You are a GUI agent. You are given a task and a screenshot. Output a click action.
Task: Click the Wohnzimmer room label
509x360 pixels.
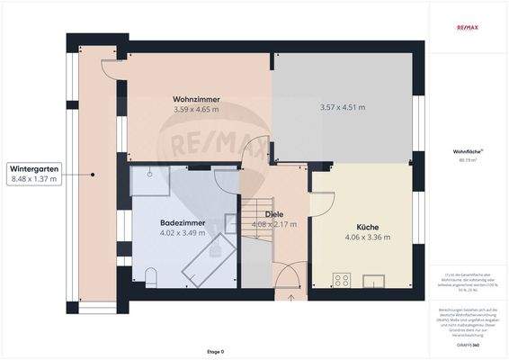pyautogui.click(x=197, y=99)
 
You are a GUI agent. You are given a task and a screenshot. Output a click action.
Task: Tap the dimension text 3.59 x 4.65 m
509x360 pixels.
pyautogui.click(x=197, y=110)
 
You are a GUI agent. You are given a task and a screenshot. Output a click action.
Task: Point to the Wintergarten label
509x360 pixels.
pyautogui.click(x=34, y=168)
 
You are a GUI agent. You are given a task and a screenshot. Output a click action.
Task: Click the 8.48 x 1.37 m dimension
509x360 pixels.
pyautogui.click(x=34, y=179)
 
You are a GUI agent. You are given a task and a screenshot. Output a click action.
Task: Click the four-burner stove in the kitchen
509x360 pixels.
pyautogui.click(x=342, y=280)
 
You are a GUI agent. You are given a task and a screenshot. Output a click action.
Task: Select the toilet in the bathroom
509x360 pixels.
pyautogui.click(x=150, y=276)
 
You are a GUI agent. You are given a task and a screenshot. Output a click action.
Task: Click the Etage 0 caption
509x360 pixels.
pyautogui.click(x=216, y=351)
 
